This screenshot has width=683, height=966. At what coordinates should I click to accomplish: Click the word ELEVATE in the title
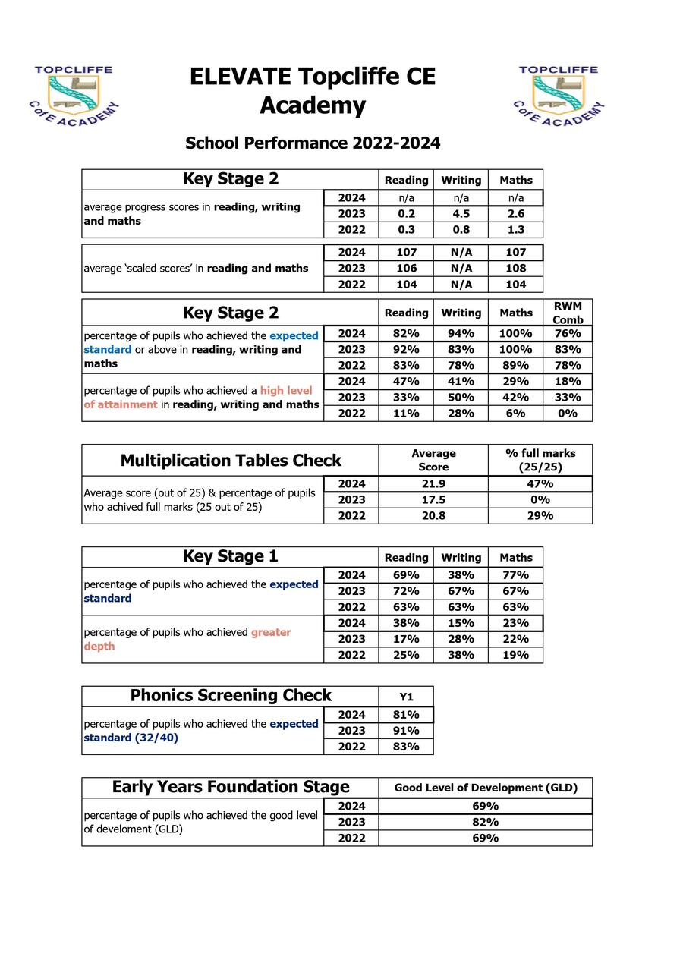239,77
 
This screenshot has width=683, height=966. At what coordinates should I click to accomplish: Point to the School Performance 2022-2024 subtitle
313,143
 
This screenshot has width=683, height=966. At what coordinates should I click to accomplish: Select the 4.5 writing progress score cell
461,214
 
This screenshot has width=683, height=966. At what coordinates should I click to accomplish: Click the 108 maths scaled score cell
515,268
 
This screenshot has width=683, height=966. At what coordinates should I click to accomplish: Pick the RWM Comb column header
568,313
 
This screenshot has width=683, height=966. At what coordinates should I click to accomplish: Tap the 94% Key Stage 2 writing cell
461,333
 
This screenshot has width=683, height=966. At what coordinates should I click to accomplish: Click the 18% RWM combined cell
568,381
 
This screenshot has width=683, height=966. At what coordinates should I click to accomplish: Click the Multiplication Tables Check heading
231,461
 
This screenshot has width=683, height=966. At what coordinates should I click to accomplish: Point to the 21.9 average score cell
433,483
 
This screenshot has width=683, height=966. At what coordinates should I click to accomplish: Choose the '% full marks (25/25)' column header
540,460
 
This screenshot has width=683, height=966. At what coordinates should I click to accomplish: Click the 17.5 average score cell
433,499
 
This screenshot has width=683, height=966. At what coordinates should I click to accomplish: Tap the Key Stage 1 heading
231,556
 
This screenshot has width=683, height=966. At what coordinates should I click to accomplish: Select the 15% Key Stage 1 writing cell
461,623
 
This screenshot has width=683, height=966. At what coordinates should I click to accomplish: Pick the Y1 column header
406,697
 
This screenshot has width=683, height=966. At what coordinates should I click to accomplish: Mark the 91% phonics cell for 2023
406,731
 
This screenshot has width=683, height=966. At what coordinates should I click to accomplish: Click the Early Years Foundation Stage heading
231,787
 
